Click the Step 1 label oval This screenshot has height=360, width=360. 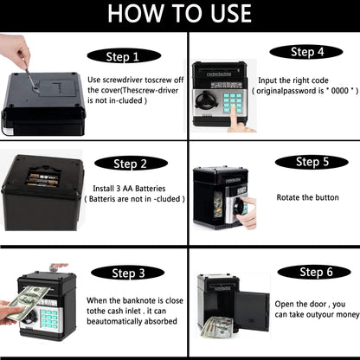point(124,56)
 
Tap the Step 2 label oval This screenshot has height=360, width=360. point(131,164)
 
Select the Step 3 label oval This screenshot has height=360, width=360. point(128,273)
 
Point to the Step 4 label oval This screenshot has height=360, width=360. point(306,52)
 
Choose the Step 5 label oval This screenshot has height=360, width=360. point(312,162)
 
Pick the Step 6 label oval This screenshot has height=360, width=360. point(314,272)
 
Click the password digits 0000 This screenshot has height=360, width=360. point(339,91)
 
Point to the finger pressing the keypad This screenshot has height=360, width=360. point(237,120)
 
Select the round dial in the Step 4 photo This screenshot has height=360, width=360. point(204,101)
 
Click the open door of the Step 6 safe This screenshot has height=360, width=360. point(252,311)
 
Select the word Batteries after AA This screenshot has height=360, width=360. point(151,189)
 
